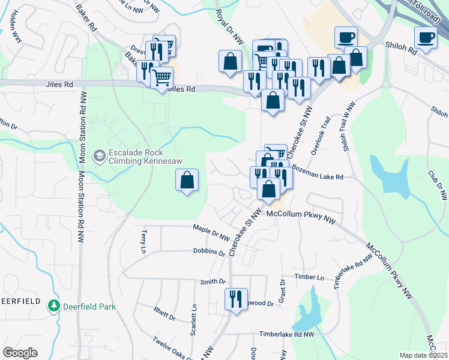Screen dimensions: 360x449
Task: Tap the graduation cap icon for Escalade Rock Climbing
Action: click(x=98, y=157)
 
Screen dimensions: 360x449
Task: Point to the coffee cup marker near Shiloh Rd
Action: click(x=426, y=38)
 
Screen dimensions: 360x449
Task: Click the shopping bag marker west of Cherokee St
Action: click(x=187, y=180)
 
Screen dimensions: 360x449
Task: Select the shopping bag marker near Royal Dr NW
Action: click(x=230, y=61)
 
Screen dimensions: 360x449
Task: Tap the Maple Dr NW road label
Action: click(x=211, y=233)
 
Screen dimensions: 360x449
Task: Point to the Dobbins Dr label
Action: click(x=209, y=253)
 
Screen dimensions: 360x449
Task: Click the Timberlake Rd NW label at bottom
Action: click(x=286, y=334)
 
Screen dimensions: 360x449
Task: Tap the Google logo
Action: click(x=20, y=353)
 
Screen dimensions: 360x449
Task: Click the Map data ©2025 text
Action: click(x=423, y=355)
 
